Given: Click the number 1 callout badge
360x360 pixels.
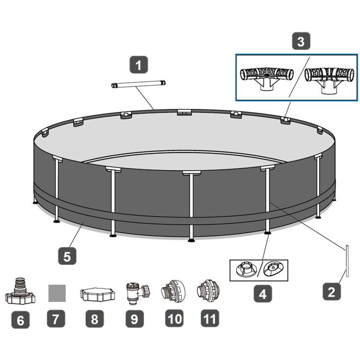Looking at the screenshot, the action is (139, 65).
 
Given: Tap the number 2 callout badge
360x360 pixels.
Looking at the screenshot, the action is (331, 291).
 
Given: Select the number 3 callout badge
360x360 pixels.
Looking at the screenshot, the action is (301, 41).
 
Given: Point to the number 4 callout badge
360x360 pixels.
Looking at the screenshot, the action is (262, 293).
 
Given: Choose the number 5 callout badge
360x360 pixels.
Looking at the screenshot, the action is (67, 256).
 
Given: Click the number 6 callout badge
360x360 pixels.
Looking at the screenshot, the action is (20, 320).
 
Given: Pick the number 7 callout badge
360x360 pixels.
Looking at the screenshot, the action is (56, 318).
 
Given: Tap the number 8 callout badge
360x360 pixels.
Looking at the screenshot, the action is (95, 319).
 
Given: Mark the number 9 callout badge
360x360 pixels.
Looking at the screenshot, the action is (134, 319).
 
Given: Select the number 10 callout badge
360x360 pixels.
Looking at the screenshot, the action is (174, 318).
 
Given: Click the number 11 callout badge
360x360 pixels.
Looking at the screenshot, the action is (210, 318).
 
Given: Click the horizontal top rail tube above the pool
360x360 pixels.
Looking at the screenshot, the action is (139, 84).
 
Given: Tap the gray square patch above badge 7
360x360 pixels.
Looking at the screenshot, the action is (57, 293).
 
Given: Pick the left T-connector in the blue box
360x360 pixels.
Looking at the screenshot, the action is (267, 79).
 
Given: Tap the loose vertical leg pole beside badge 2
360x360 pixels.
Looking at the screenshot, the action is (348, 261).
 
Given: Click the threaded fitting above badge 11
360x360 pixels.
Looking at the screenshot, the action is (208, 290).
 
